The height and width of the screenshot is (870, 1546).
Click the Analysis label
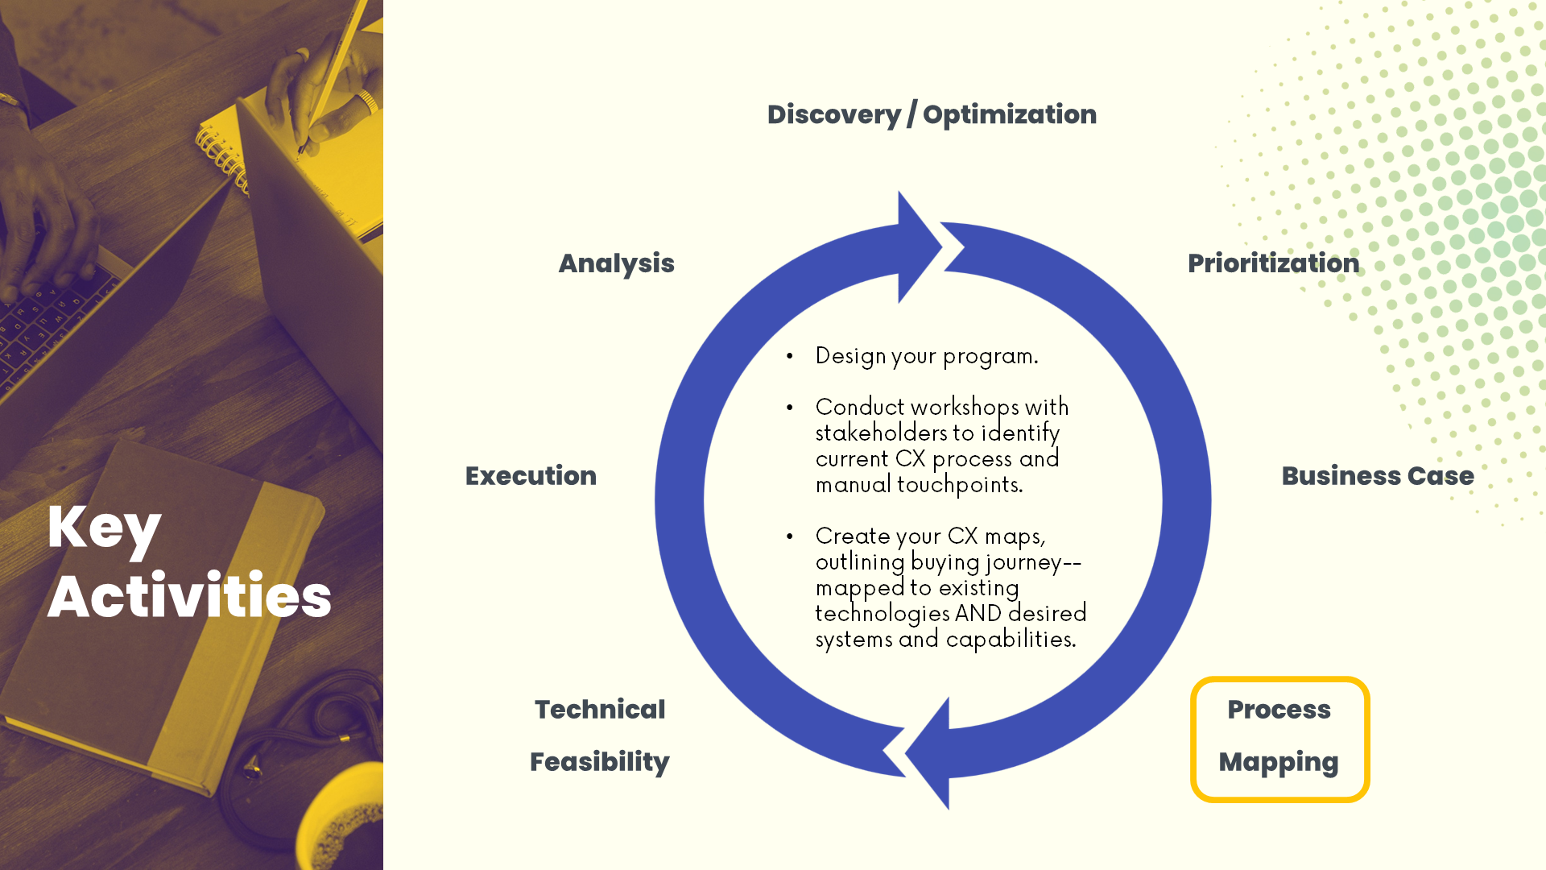[616, 263]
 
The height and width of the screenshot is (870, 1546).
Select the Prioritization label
[1273, 263]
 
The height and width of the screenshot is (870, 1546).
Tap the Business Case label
[1377, 476]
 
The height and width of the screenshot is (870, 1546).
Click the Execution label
[531, 476]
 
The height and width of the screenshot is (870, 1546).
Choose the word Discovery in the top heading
[833, 115]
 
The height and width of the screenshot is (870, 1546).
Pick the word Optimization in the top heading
[1010, 115]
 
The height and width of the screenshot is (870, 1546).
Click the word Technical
[600, 710]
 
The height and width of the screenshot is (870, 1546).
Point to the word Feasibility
[600, 762]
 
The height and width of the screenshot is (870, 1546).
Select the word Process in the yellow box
[1279, 710]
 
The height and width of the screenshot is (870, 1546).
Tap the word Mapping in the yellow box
[1279, 762]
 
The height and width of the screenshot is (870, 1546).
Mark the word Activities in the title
[189, 597]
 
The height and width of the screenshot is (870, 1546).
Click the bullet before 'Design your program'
[790, 356]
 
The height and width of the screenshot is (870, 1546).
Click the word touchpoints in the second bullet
[959, 485]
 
